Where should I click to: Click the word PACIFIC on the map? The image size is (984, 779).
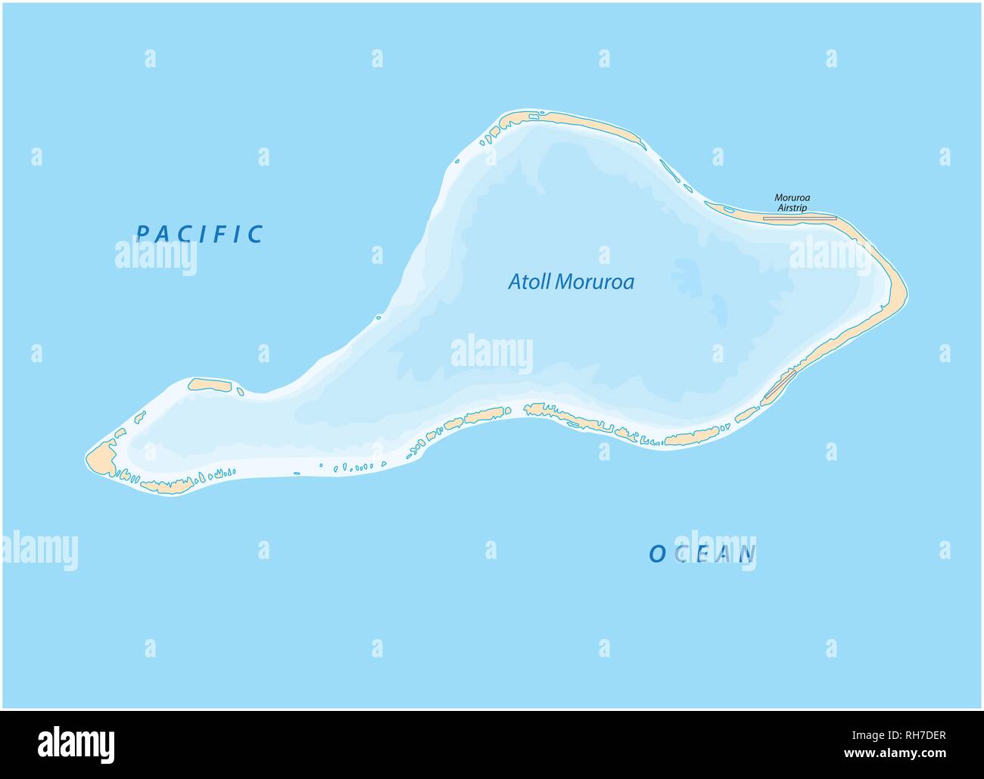[x=199, y=234]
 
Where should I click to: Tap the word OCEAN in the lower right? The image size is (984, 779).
[x=702, y=554]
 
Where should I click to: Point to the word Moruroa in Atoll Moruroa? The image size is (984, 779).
[x=595, y=282]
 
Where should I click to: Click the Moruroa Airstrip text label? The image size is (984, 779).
[x=792, y=202]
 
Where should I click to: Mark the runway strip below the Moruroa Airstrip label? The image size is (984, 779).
[x=799, y=218]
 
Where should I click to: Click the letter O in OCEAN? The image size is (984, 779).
[x=656, y=554]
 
